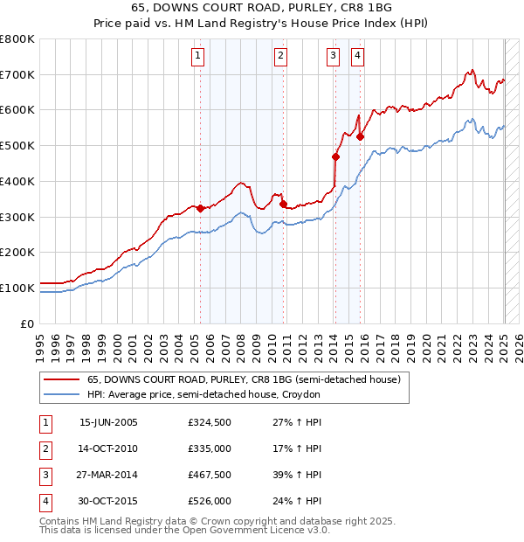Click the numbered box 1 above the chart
pos(198,56)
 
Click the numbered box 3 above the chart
pos(334,56)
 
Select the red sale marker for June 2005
pos(200,208)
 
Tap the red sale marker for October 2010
pos(283,205)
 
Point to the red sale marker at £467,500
pos(335,157)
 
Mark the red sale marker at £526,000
pos(360,136)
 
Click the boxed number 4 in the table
pos(45,502)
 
